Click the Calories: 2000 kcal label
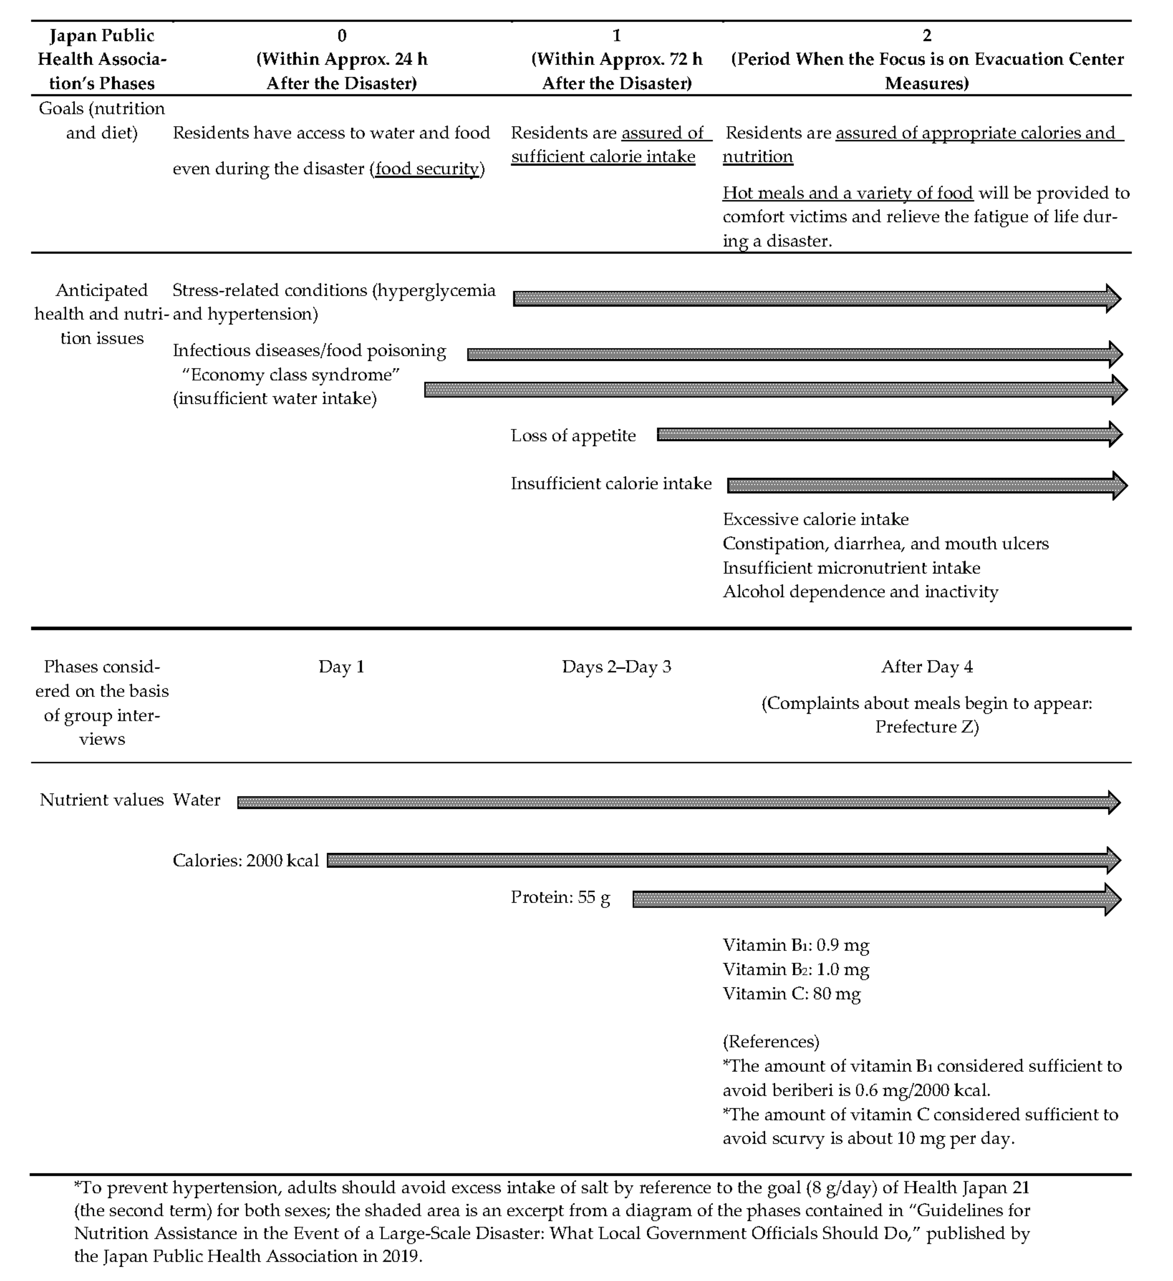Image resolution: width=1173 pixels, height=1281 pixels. tap(245, 860)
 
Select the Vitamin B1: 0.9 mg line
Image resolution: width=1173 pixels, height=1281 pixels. tap(795, 945)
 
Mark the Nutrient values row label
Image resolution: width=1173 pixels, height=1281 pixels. tap(102, 800)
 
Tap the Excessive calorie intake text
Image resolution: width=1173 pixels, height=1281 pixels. tap(815, 520)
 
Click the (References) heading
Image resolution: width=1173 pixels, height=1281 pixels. tap(771, 1042)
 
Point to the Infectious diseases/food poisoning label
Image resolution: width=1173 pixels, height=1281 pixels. tap(309, 351)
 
